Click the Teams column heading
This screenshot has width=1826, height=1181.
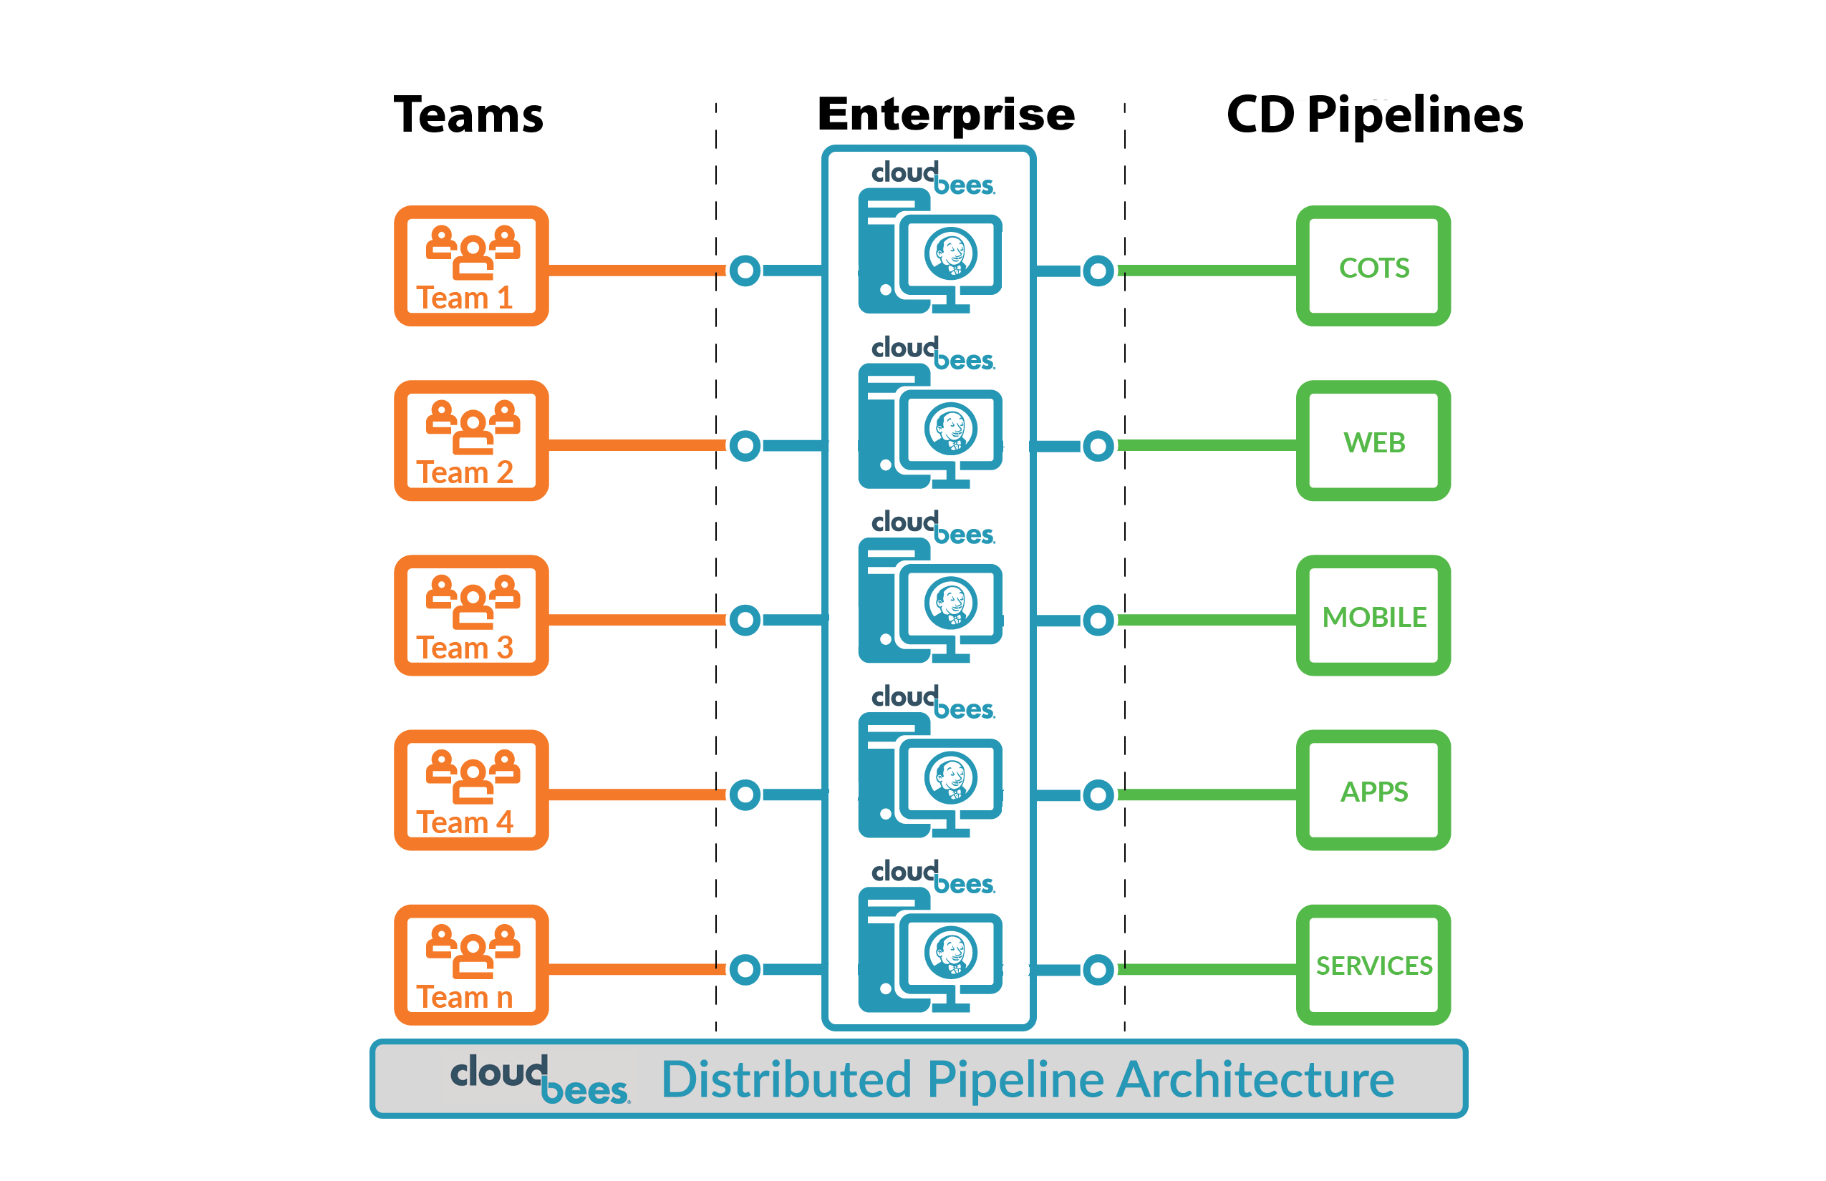point(468,115)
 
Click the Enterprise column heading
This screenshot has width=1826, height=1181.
point(946,115)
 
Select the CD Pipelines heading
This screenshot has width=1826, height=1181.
point(1374,115)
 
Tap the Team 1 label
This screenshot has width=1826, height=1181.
point(464,298)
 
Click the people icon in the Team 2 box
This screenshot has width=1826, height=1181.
point(473,427)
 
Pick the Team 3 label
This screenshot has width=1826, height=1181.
point(464,648)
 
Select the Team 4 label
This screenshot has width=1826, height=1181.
point(464,823)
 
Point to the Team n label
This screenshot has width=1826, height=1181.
point(464,998)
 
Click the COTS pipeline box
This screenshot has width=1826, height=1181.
point(1373,267)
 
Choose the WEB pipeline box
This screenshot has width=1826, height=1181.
point(1373,442)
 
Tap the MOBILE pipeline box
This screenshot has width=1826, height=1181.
point(1373,616)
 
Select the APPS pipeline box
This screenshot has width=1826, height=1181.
point(1373,791)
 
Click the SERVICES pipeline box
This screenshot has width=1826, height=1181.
point(1373,966)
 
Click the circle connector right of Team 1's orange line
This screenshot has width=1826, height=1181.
point(745,270)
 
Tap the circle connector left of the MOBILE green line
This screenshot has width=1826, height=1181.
point(1098,620)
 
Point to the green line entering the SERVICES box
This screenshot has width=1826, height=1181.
point(1209,969)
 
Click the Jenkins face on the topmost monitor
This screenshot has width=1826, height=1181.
point(951,254)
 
